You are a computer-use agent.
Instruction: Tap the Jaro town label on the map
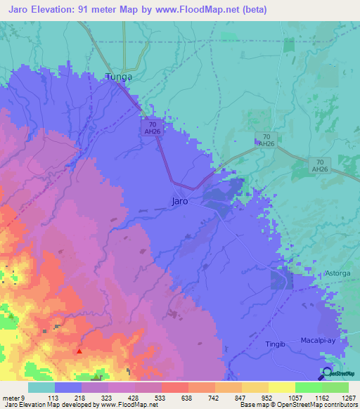[179, 201]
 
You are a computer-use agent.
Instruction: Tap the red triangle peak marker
[79, 351]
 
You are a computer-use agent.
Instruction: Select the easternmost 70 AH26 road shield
[319, 165]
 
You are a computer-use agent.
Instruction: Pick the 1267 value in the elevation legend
[349, 397]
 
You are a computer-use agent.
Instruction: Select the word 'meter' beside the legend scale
[10, 397]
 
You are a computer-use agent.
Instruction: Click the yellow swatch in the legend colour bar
[282, 387]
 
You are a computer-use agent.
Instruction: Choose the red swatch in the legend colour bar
[174, 387]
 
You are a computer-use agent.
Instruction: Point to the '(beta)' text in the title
[251, 10]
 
